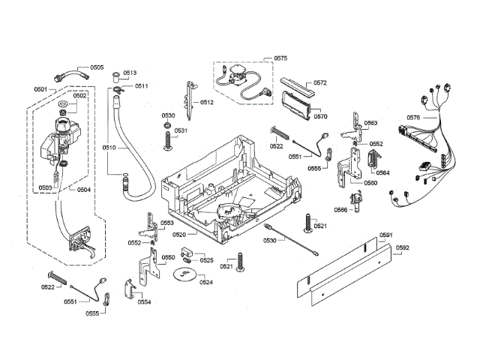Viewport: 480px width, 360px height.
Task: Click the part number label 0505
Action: tap(97, 67)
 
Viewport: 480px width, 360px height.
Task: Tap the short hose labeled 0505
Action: tap(72, 75)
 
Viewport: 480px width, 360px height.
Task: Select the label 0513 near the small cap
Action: tap(130, 73)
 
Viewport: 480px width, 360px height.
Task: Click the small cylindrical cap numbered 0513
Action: tap(116, 76)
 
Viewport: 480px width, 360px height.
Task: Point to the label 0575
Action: tap(280, 58)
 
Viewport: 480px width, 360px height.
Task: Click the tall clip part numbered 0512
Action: tap(190, 100)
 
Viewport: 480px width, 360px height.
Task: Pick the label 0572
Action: tap(320, 82)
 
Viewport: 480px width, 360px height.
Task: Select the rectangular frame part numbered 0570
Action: tap(296, 104)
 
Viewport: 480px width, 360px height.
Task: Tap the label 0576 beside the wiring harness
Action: tap(413, 118)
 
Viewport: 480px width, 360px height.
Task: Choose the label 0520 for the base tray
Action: tap(179, 235)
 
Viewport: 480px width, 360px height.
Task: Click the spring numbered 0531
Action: tap(168, 141)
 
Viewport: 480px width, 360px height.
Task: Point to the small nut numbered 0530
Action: tap(167, 125)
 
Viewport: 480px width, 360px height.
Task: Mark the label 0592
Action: tap(402, 247)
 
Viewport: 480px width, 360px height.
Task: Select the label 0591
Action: tap(385, 235)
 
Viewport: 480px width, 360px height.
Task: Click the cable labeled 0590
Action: tap(291, 240)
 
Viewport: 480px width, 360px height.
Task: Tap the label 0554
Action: tap(144, 302)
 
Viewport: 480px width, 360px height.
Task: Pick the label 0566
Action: tap(340, 210)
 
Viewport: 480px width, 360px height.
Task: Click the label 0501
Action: tap(40, 89)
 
